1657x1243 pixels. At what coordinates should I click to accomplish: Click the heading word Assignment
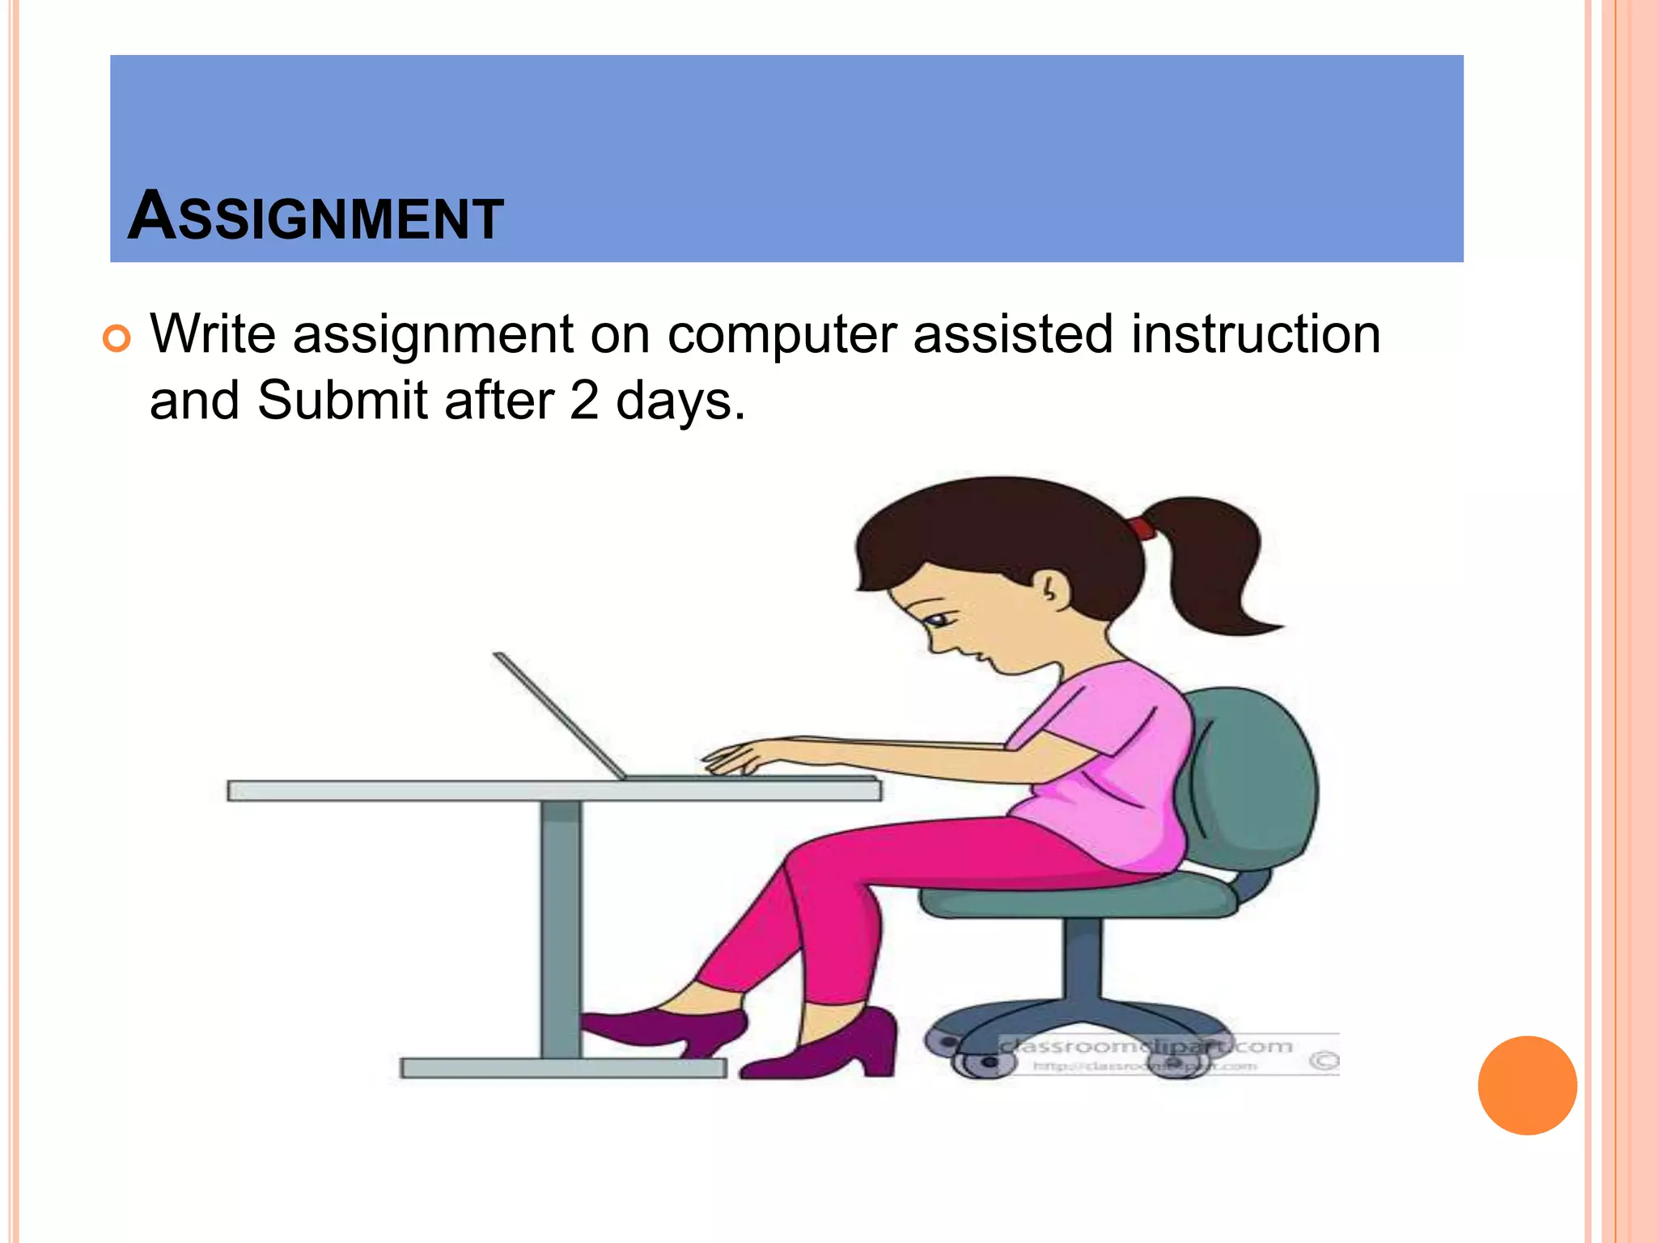pyautogui.click(x=316, y=217)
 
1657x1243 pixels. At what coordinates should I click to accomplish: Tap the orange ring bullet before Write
pyautogui.click(x=117, y=338)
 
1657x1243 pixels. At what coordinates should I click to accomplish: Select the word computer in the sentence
pyautogui.click(x=782, y=335)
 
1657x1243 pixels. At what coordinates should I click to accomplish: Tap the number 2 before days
pyautogui.click(x=583, y=401)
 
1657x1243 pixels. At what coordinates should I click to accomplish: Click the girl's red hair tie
pyautogui.click(x=1142, y=529)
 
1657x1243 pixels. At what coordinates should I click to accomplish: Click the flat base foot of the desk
pyautogui.click(x=563, y=1068)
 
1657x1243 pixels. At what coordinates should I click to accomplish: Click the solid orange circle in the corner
pyautogui.click(x=1527, y=1085)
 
